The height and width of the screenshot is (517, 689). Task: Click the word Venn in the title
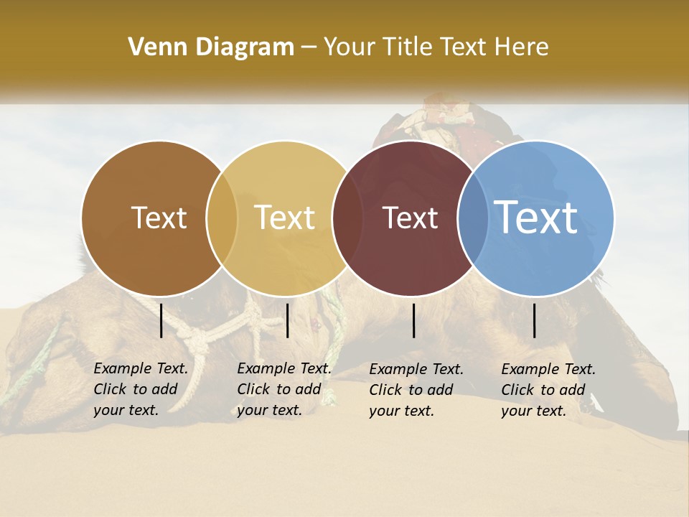click(x=152, y=47)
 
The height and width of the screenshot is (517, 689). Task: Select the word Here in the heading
click(x=522, y=47)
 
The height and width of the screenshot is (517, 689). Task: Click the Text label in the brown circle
click(x=159, y=217)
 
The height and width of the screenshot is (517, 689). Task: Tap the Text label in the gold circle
click(x=285, y=217)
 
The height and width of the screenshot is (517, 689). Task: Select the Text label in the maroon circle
click(x=410, y=217)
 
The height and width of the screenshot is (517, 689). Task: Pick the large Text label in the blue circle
click(x=536, y=217)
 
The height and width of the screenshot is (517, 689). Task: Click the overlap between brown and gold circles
click(x=222, y=218)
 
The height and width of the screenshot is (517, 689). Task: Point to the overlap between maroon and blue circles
click(x=474, y=218)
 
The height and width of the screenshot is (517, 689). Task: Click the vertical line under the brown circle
click(x=161, y=320)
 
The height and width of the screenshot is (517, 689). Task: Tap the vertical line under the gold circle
click(x=287, y=320)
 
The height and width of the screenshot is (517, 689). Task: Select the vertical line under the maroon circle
click(x=414, y=320)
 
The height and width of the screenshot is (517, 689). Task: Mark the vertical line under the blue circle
click(x=535, y=320)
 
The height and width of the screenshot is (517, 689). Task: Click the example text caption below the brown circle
click(x=140, y=389)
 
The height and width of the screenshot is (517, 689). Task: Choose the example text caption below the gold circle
click(x=283, y=389)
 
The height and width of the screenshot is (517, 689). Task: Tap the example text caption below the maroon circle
click(x=416, y=390)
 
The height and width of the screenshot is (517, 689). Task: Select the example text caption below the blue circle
click(x=548, y=390)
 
